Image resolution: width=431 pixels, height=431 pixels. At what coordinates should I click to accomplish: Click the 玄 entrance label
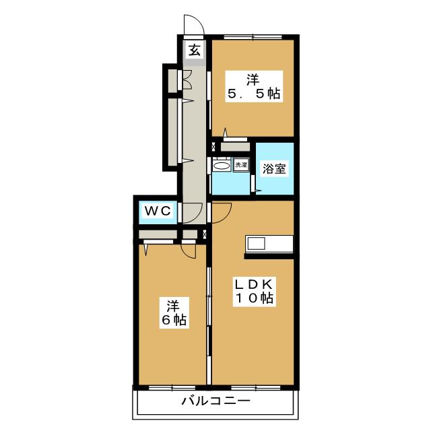195,51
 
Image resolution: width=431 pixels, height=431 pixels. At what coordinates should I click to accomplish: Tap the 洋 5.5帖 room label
254,87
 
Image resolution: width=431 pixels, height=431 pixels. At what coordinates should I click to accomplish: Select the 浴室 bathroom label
274,168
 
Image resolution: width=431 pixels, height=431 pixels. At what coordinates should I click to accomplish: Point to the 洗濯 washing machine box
241,164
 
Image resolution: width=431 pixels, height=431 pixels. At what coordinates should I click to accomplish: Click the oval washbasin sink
222,166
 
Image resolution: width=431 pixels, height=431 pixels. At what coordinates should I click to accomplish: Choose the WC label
158,211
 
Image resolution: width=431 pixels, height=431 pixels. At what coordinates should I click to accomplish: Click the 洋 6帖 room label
174,312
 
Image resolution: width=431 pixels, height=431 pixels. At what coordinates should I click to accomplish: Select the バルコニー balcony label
215,401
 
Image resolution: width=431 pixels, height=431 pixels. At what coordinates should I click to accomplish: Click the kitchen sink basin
256,243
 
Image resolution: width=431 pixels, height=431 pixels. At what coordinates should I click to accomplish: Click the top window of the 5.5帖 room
253,37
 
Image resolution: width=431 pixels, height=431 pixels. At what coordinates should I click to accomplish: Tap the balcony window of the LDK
256,388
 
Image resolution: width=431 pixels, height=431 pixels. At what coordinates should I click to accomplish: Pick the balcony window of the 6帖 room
172,388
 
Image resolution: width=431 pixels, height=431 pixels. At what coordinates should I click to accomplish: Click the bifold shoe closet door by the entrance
187,79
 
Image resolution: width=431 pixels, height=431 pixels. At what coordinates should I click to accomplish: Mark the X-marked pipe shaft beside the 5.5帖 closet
213,146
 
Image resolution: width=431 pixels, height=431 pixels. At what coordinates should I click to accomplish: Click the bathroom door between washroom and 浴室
253,183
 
